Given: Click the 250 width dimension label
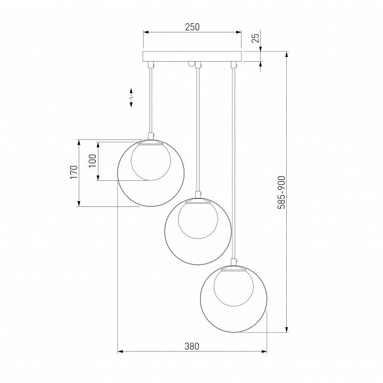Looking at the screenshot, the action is point(192,27).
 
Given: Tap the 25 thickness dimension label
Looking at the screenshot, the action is point(255,38).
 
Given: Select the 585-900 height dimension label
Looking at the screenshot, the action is point(281,193).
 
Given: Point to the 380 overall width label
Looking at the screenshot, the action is point(191,346).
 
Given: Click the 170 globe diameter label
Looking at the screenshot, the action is point(74,172).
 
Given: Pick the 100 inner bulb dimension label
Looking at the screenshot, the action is point(93,161).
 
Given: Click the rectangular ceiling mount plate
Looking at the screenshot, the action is point(192,56).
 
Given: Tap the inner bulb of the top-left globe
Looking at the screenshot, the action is point(151,162).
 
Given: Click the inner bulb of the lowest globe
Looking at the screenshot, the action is point(234,287).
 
